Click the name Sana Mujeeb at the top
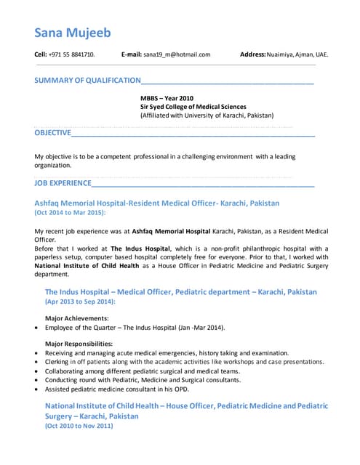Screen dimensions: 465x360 73,33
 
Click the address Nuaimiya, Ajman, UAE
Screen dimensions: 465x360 297,54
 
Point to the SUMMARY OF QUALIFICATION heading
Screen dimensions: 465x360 87,80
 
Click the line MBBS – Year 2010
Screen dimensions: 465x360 167,97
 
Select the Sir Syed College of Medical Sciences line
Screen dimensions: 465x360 193,106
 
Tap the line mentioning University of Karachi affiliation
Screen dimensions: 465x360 207,116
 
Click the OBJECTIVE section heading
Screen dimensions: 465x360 52,133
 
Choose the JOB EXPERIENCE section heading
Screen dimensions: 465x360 63,183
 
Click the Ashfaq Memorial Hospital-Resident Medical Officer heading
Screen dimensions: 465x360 156,203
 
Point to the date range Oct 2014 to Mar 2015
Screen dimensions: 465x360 70,213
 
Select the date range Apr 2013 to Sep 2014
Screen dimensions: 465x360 80,301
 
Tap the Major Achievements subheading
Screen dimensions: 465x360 77,318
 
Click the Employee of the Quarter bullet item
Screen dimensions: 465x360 135,328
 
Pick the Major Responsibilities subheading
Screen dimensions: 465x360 79,344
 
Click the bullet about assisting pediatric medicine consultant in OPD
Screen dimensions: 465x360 127,389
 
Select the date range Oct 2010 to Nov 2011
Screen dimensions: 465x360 79,426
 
